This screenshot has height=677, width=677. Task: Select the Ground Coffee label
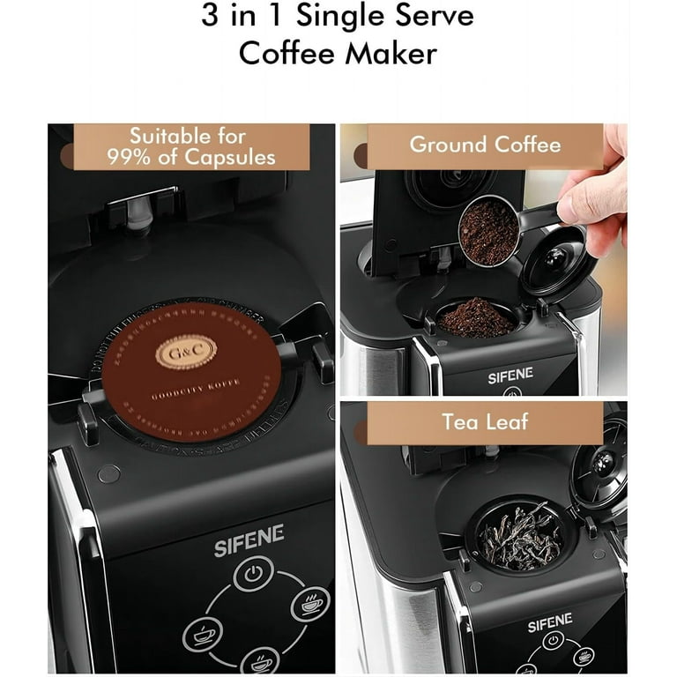(x=485, y=145)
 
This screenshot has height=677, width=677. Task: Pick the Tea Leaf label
(x=485, y=421)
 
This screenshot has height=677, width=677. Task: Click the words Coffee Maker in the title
(x=338, y=53)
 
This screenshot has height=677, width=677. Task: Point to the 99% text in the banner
(x=133, y=158)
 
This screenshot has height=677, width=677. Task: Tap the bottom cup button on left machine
(x=258, y=660)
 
